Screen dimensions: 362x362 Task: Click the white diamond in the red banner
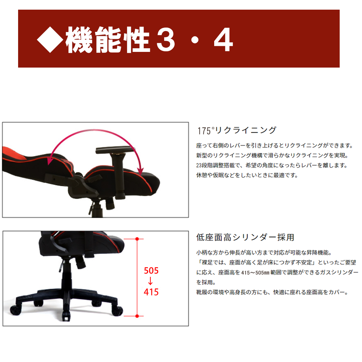[x=50, y=40]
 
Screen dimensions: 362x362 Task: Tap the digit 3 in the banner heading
[x=166, y=40]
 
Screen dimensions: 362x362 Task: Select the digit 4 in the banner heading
[x=223, y=40]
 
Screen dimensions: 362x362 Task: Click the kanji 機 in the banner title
[x=79, y=40]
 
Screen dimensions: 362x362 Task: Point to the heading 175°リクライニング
[x=237, y=130]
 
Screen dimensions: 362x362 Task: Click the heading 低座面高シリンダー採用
[x=245, y=237]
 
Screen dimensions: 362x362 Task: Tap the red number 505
[x=151, y=271]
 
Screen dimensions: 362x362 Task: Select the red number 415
[x=151, y=292]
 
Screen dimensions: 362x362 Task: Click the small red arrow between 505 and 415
[x=150, y=281]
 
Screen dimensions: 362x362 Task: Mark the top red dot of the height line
[x=137, y=239]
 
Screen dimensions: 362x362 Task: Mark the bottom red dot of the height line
[x=137, y=316]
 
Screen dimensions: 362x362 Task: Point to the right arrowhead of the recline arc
[x=140, y=170]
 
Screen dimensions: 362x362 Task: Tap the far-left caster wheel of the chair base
[x=16, y=310]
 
